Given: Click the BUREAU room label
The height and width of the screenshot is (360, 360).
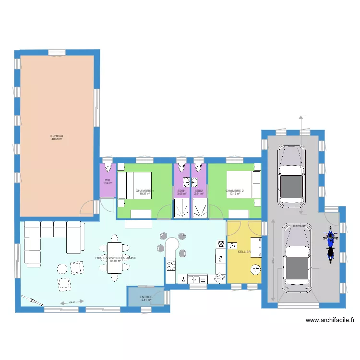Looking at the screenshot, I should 57,136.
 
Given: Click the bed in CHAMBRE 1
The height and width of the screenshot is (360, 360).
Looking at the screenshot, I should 135,185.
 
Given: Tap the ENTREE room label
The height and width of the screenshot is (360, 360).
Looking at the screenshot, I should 146,297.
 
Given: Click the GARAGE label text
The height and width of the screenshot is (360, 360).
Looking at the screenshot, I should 300,226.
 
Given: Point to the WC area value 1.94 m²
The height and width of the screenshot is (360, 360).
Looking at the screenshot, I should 108,183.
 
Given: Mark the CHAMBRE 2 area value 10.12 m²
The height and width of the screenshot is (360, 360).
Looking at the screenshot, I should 235,194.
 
